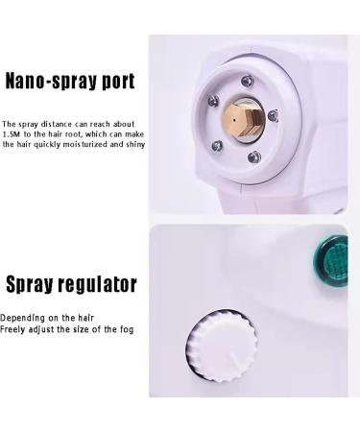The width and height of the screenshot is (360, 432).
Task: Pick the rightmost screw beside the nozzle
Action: point(272,115)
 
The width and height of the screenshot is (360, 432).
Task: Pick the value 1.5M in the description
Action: point(13,134)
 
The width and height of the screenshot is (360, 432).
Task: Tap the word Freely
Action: point(15,329)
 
